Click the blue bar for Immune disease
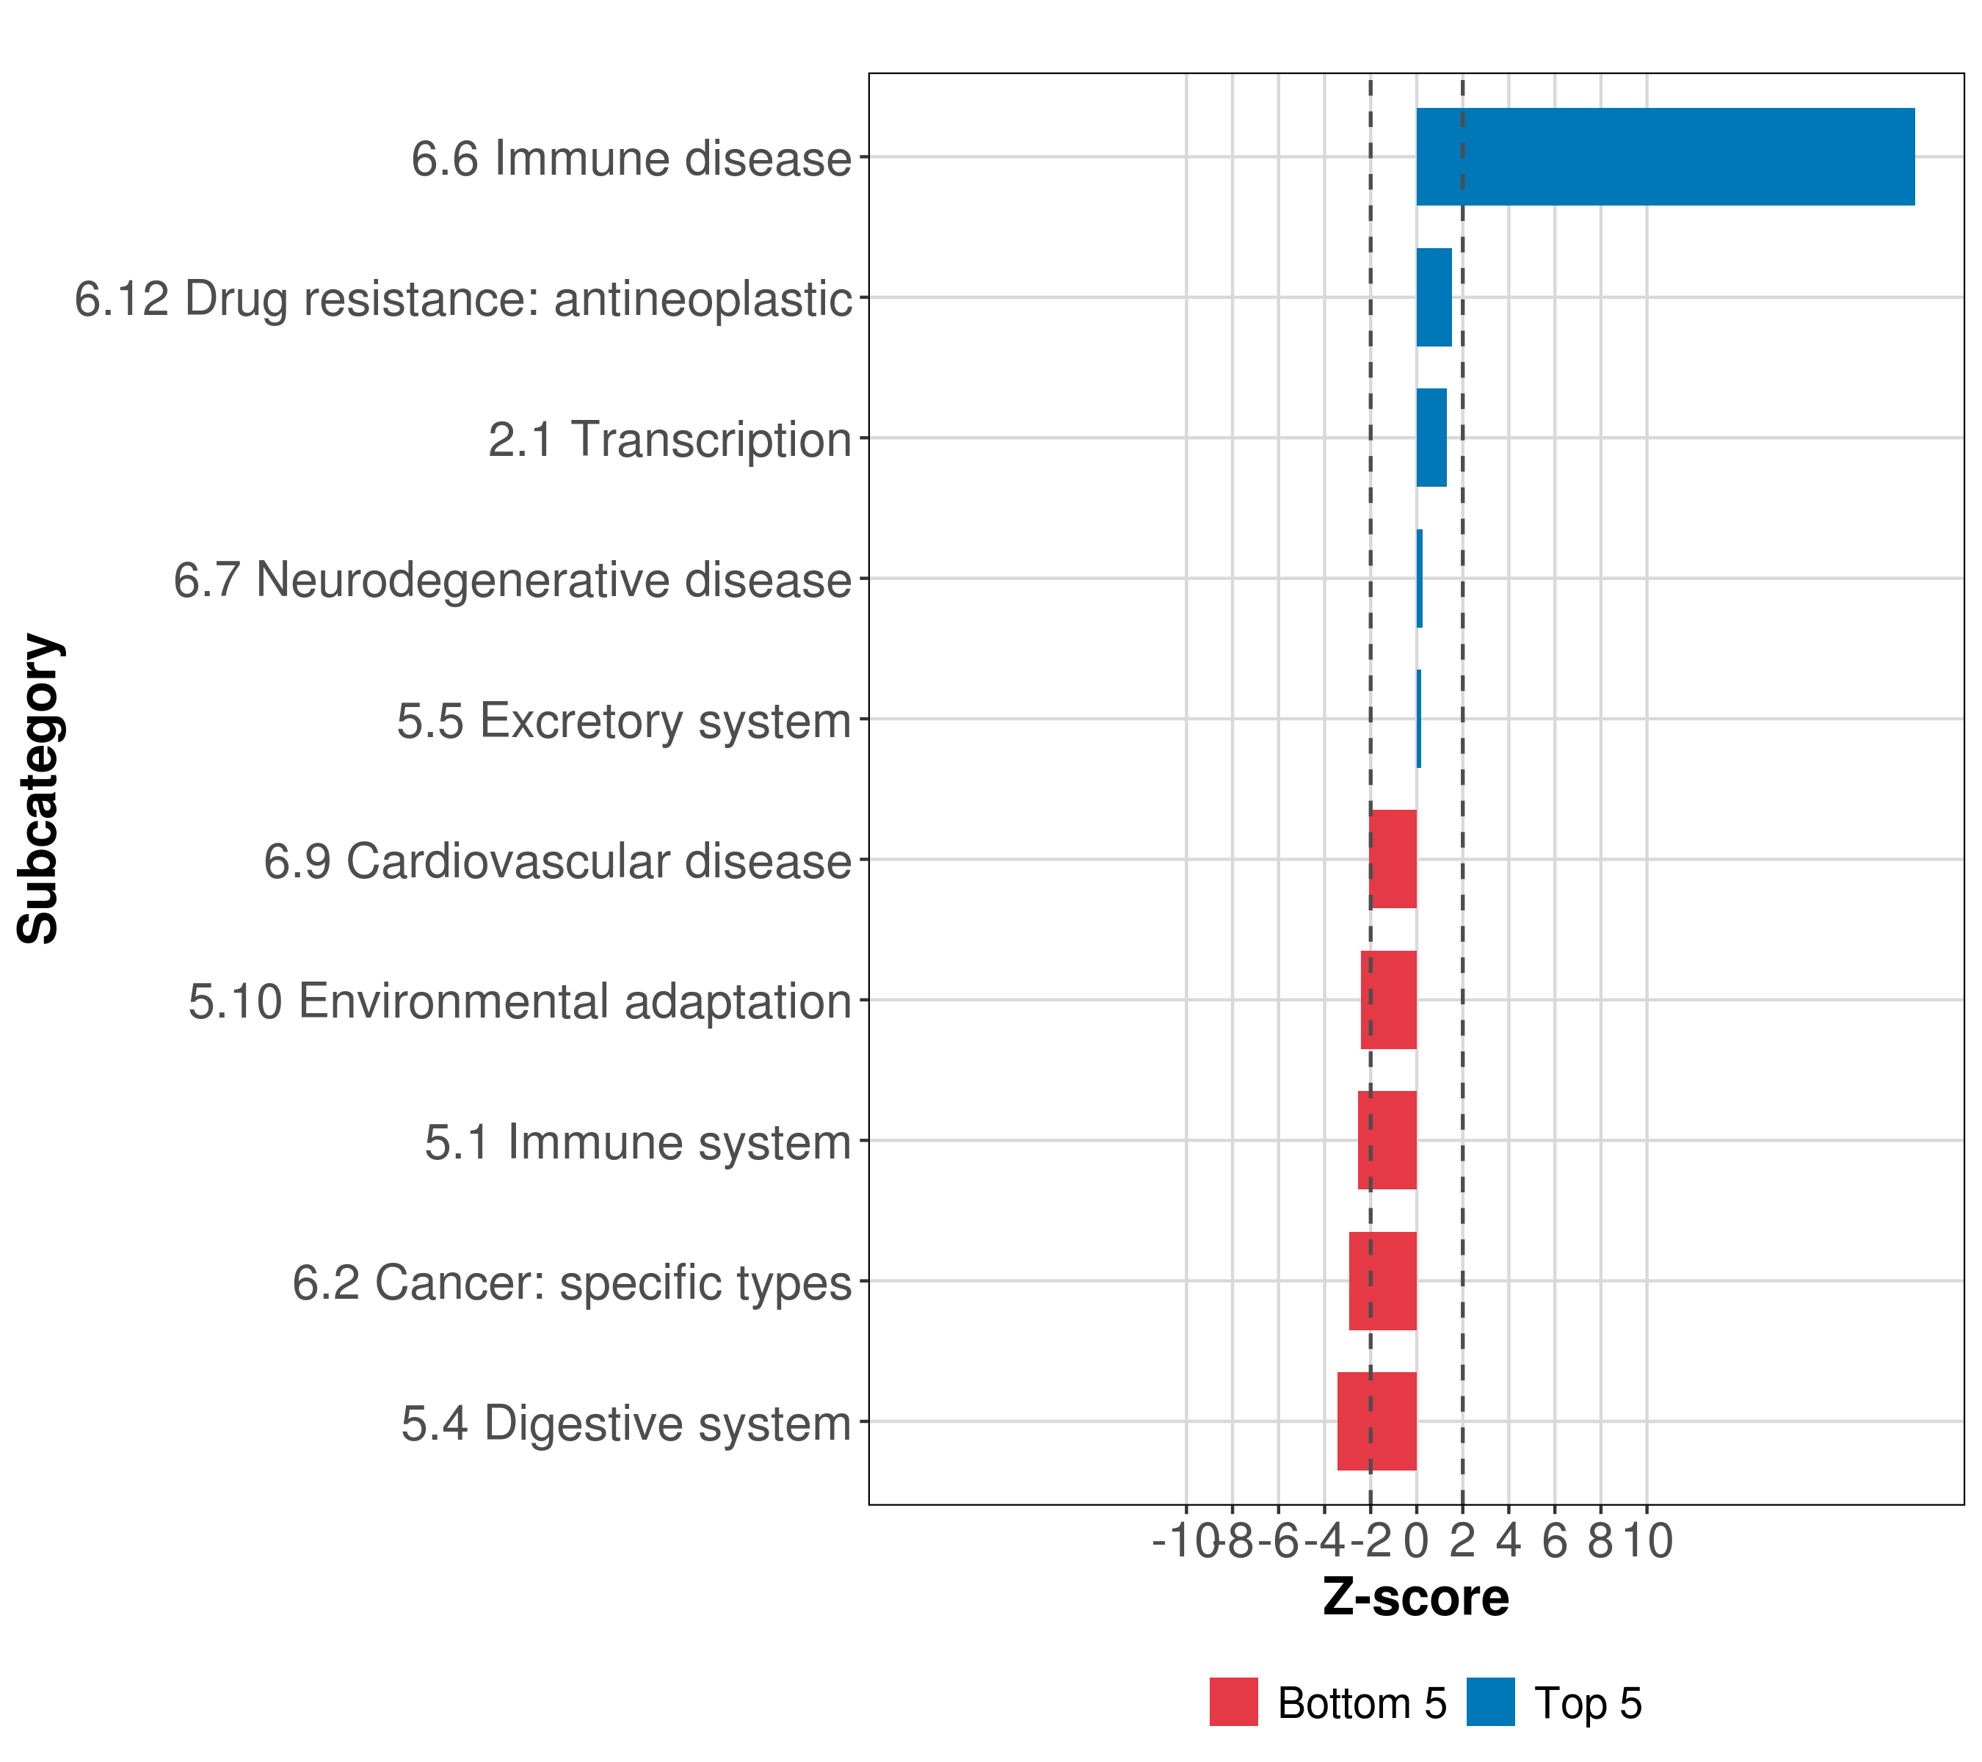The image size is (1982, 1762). pos(1665,157)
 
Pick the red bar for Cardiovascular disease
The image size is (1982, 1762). pos(1393,859)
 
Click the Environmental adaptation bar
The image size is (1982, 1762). pos(1389,1000)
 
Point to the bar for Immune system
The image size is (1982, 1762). pos(1387,1140)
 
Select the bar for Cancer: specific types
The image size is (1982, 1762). pos(1383,1281)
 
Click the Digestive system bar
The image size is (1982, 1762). pos(1377,1421)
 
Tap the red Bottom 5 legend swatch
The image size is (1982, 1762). pos(1233,1703)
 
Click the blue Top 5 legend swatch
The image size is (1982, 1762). pos(1490,1703)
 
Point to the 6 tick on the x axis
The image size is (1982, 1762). pos(1554,1541)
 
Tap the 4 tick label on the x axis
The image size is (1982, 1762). pos(1509,1541)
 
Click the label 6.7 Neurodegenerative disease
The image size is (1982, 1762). pos(512,580)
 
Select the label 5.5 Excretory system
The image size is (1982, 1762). pos(623,720)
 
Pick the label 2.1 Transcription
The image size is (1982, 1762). pos(669,439)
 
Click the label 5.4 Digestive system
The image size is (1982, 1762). pos(625,1424)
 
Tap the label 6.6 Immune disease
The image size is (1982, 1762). pos(631,158)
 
